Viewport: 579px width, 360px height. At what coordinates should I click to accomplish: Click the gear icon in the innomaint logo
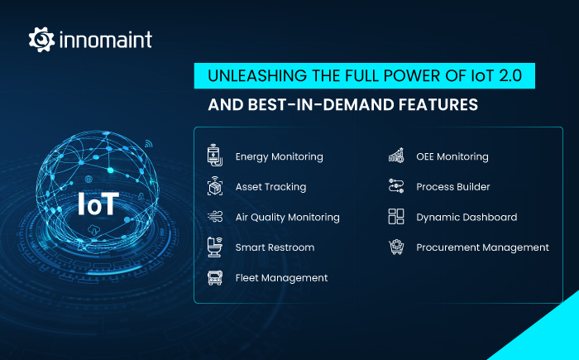tap(41, 39)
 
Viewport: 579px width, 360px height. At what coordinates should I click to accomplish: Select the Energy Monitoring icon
tap(214, 156)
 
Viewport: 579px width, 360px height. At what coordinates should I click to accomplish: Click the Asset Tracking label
tap(270, 187)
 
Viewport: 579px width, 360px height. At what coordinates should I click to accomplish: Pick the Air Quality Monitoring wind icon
tap(214, 217)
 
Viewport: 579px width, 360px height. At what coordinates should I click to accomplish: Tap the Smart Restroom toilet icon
tap(214, 247)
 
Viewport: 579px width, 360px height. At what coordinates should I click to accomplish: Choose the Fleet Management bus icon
tap(214, 277)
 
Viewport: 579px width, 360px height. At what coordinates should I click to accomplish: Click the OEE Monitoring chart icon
tap(396, 156)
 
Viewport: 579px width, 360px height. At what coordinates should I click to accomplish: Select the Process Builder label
tap(454, 187)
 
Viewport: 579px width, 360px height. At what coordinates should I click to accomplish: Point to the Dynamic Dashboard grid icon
tap(396, 217)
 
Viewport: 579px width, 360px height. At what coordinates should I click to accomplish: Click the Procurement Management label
tap(482, 247)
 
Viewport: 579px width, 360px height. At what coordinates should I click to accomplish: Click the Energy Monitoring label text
tap(279, 156)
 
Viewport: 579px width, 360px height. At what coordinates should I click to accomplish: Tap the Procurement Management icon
tap(396, 247)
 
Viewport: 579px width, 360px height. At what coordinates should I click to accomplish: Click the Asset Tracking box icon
tap(214, 187)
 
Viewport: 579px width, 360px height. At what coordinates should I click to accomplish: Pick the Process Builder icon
tap(396, 187)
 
